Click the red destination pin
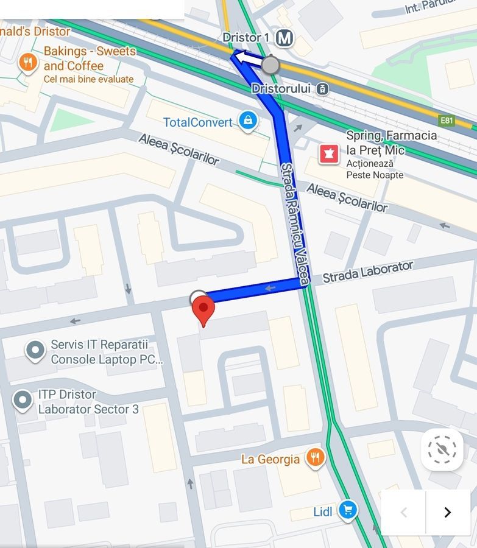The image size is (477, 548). (203, 309)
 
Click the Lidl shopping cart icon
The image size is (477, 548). (348, 510)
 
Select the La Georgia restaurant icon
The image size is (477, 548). (315, 458)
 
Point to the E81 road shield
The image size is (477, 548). (447, 121)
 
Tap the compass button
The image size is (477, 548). (442, 450)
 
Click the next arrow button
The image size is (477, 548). (448, 512)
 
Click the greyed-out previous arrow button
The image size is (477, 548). (403, 512)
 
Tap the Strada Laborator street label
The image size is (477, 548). (367, 272)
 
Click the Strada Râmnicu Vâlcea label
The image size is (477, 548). (295, 224)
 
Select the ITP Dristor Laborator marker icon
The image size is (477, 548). (23, 400)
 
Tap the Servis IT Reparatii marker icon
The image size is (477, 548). (35, 350)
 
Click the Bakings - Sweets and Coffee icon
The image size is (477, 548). (27, 62)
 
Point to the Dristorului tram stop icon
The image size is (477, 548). (323, 89)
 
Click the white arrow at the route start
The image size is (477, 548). (247, 58)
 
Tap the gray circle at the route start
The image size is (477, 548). (270, 65)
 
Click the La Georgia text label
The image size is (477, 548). (270, 459)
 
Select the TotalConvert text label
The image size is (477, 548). (198, 122)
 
